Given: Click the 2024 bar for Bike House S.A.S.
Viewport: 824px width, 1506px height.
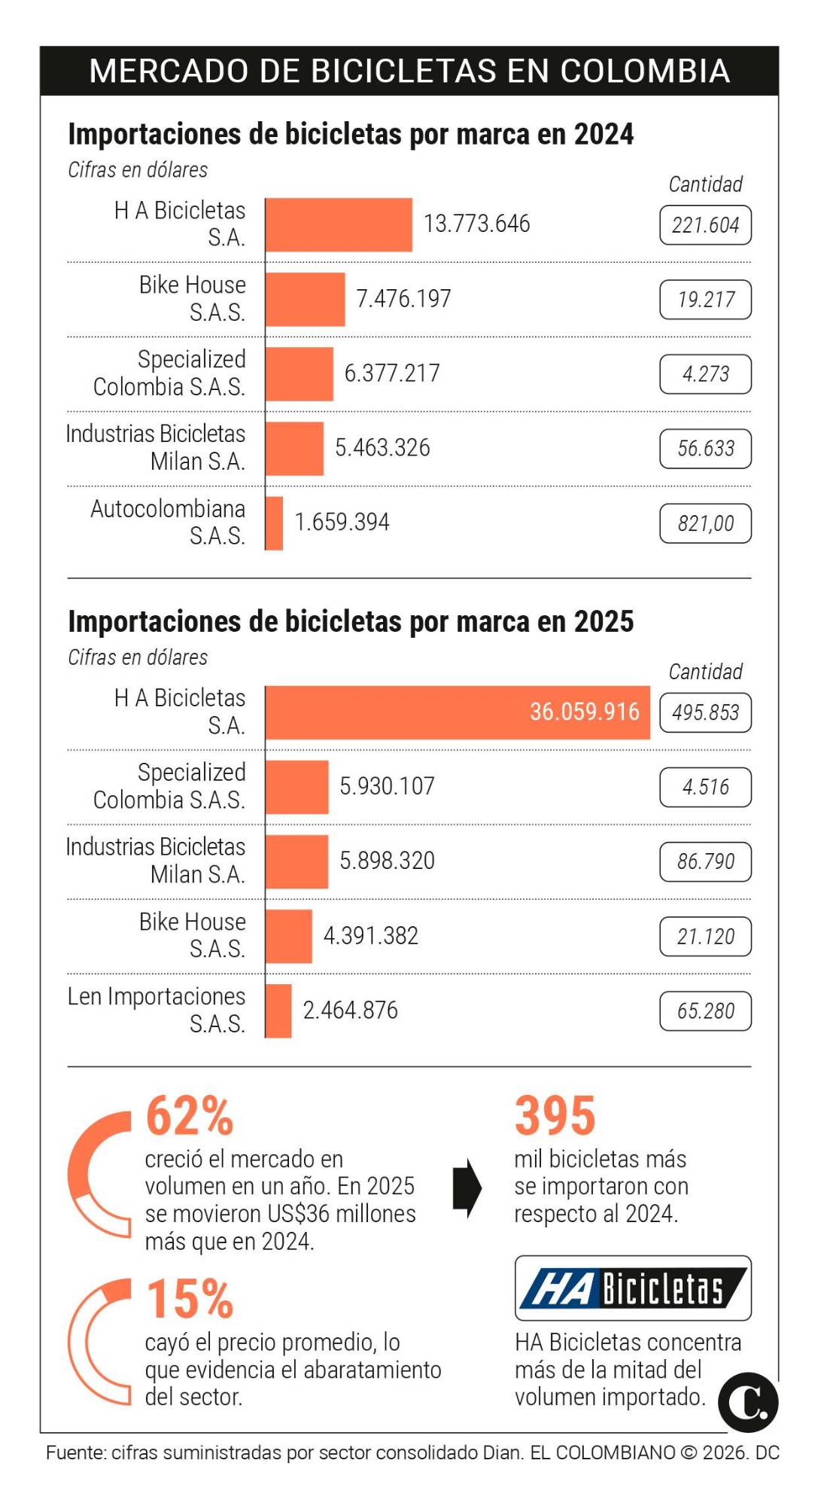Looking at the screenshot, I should (305, 299).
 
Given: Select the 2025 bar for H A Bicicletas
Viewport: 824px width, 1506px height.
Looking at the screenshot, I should (457, 712).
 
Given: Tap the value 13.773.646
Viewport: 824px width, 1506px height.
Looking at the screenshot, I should (476, 224).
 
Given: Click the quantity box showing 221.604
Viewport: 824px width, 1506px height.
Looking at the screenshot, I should (705, 225).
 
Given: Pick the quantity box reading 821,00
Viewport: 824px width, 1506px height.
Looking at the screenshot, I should (705, 523).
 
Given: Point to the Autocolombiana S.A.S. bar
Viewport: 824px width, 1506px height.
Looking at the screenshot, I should (274, 523).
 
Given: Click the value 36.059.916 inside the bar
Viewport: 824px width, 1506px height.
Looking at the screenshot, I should (584, 712).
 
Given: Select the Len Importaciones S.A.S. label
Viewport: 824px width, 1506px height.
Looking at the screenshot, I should (157, 1010).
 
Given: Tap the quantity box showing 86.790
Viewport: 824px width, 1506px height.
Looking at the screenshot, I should (705, 861).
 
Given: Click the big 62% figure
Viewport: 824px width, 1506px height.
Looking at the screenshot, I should (190, 1115).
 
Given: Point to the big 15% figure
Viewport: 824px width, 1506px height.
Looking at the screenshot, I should (190, 1299).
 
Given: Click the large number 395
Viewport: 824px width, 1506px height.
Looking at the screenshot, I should (555, 1115).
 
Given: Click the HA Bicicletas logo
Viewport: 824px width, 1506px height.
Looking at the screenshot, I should (632, 1288).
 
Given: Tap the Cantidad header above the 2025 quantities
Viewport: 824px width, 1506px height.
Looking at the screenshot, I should (705, 671).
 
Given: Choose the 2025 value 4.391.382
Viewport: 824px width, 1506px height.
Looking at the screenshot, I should (370, 936).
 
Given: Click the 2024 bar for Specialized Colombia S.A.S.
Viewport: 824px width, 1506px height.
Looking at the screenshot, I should (299, 373).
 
